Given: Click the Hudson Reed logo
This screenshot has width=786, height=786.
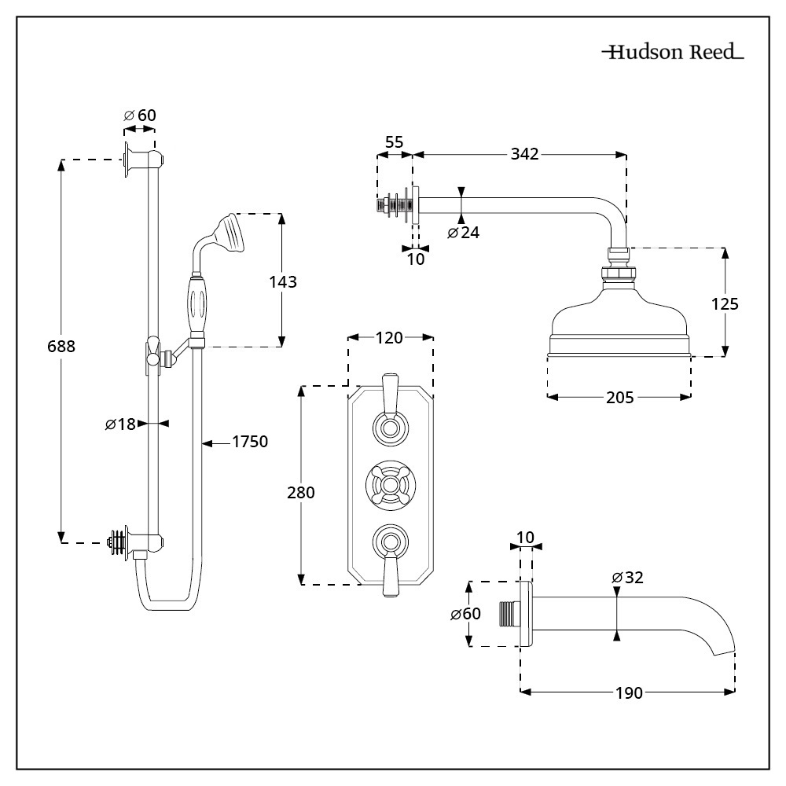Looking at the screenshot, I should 672,53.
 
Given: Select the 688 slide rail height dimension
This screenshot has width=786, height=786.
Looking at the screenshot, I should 61,346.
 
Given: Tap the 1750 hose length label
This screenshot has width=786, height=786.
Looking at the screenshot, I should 250,443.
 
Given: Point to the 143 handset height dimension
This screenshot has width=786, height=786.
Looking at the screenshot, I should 282,281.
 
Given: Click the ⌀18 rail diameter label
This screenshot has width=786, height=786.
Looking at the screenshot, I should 120,424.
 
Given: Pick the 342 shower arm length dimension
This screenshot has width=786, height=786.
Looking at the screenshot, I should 523,154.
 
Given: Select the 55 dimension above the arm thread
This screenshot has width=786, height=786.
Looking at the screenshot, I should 394,142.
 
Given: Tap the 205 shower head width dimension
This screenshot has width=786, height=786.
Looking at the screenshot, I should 621,398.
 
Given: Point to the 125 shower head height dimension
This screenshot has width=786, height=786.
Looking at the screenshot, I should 724,303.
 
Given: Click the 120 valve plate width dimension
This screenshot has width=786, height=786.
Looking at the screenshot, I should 390,338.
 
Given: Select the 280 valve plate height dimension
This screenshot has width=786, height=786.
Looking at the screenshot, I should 300,493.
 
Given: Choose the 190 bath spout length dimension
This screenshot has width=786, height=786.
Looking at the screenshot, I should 629,692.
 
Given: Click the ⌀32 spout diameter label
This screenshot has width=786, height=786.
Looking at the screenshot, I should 627,578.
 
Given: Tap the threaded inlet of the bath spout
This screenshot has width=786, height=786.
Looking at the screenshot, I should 508,614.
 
